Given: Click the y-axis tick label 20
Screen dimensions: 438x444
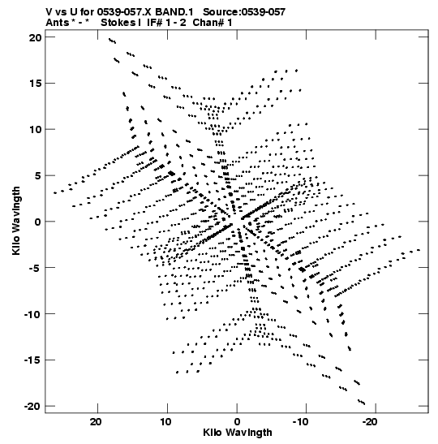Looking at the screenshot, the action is [x=35, y=37].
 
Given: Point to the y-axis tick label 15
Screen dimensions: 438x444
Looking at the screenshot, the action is [x=36, y=84].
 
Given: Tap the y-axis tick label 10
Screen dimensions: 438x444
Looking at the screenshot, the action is [x=36, y=129].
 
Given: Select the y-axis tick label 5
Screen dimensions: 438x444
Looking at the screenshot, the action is [x=38, y=175].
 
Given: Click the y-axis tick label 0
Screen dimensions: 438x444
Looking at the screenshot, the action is [x=38, y=222].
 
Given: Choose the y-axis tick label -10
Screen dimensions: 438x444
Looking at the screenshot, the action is [x=32, y=314].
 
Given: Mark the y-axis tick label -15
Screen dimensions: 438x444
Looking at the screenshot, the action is [x=32, y=360].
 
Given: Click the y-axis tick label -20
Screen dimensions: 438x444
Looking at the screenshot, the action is [x=32, y=406].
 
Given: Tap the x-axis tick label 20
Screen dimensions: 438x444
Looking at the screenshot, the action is [x=96, y=422].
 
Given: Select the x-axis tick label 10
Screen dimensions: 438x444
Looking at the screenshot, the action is [x=165, y=422].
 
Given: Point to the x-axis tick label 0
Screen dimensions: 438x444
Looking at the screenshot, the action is [x=237, y=422].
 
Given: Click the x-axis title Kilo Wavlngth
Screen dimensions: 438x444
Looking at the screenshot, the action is [x=238, y=433].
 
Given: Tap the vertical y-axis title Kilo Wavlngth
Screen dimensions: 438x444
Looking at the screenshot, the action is [x=16, y=221].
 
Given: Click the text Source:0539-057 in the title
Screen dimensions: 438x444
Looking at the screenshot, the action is [x=244, y=12].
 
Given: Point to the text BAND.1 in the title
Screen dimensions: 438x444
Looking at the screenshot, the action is [x=174, y=12].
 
